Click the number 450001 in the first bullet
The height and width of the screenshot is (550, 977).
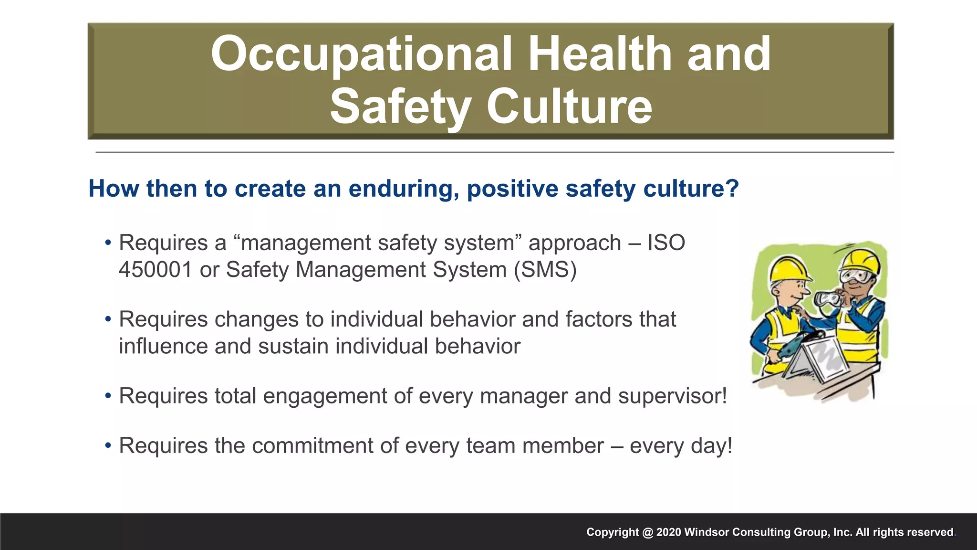[x=156, y=269]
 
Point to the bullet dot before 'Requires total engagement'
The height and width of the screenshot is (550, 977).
[x=108, y=396]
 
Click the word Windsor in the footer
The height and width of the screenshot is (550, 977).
[x=707, y=532]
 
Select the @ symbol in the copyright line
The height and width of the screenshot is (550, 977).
[x=647, y=532]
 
